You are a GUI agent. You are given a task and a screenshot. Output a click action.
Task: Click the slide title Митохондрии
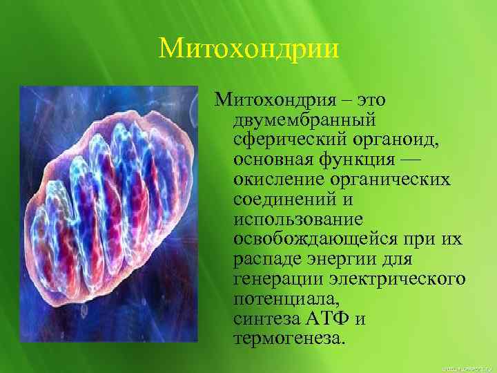pyautogui.click(x=248, y=48)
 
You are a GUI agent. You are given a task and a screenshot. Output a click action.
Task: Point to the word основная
pyautogui.click(x=273, y=161)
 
